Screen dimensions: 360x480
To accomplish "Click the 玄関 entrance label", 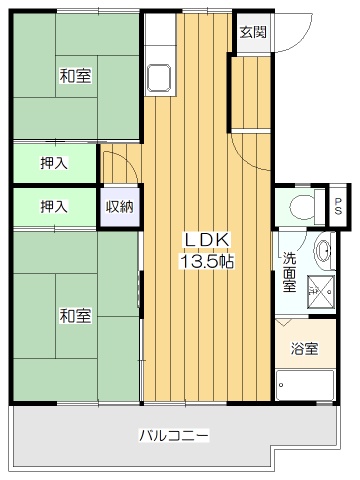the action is coord(253,32).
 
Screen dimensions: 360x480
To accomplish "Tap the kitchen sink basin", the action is coord(159,78).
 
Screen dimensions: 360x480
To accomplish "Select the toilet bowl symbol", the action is coord(302,207).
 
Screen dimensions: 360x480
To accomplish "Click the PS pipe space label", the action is coord(338,206).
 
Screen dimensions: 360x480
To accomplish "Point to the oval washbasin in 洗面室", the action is coord(322,251).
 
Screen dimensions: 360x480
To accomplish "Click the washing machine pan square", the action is coord(321,290).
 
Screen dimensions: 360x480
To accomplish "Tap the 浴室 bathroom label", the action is coord(304,349).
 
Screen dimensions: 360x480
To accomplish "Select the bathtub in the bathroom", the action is coord(305,385).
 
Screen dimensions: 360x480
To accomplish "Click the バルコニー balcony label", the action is coord(174,435).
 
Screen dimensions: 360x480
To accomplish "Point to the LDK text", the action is coord(207,240).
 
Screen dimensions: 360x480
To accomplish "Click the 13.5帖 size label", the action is coord(207,261).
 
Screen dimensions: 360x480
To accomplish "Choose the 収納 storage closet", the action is coord(120,207).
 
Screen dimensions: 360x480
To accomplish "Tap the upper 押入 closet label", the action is coord(54,163).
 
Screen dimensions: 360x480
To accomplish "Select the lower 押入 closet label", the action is coord(54,206).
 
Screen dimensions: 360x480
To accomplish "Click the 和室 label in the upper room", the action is coord(75,76).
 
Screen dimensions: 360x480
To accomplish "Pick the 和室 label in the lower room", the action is coord(75,315).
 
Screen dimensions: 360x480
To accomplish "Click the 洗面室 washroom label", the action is coord(289,272).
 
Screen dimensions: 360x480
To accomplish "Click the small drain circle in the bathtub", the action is coord(281,385).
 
